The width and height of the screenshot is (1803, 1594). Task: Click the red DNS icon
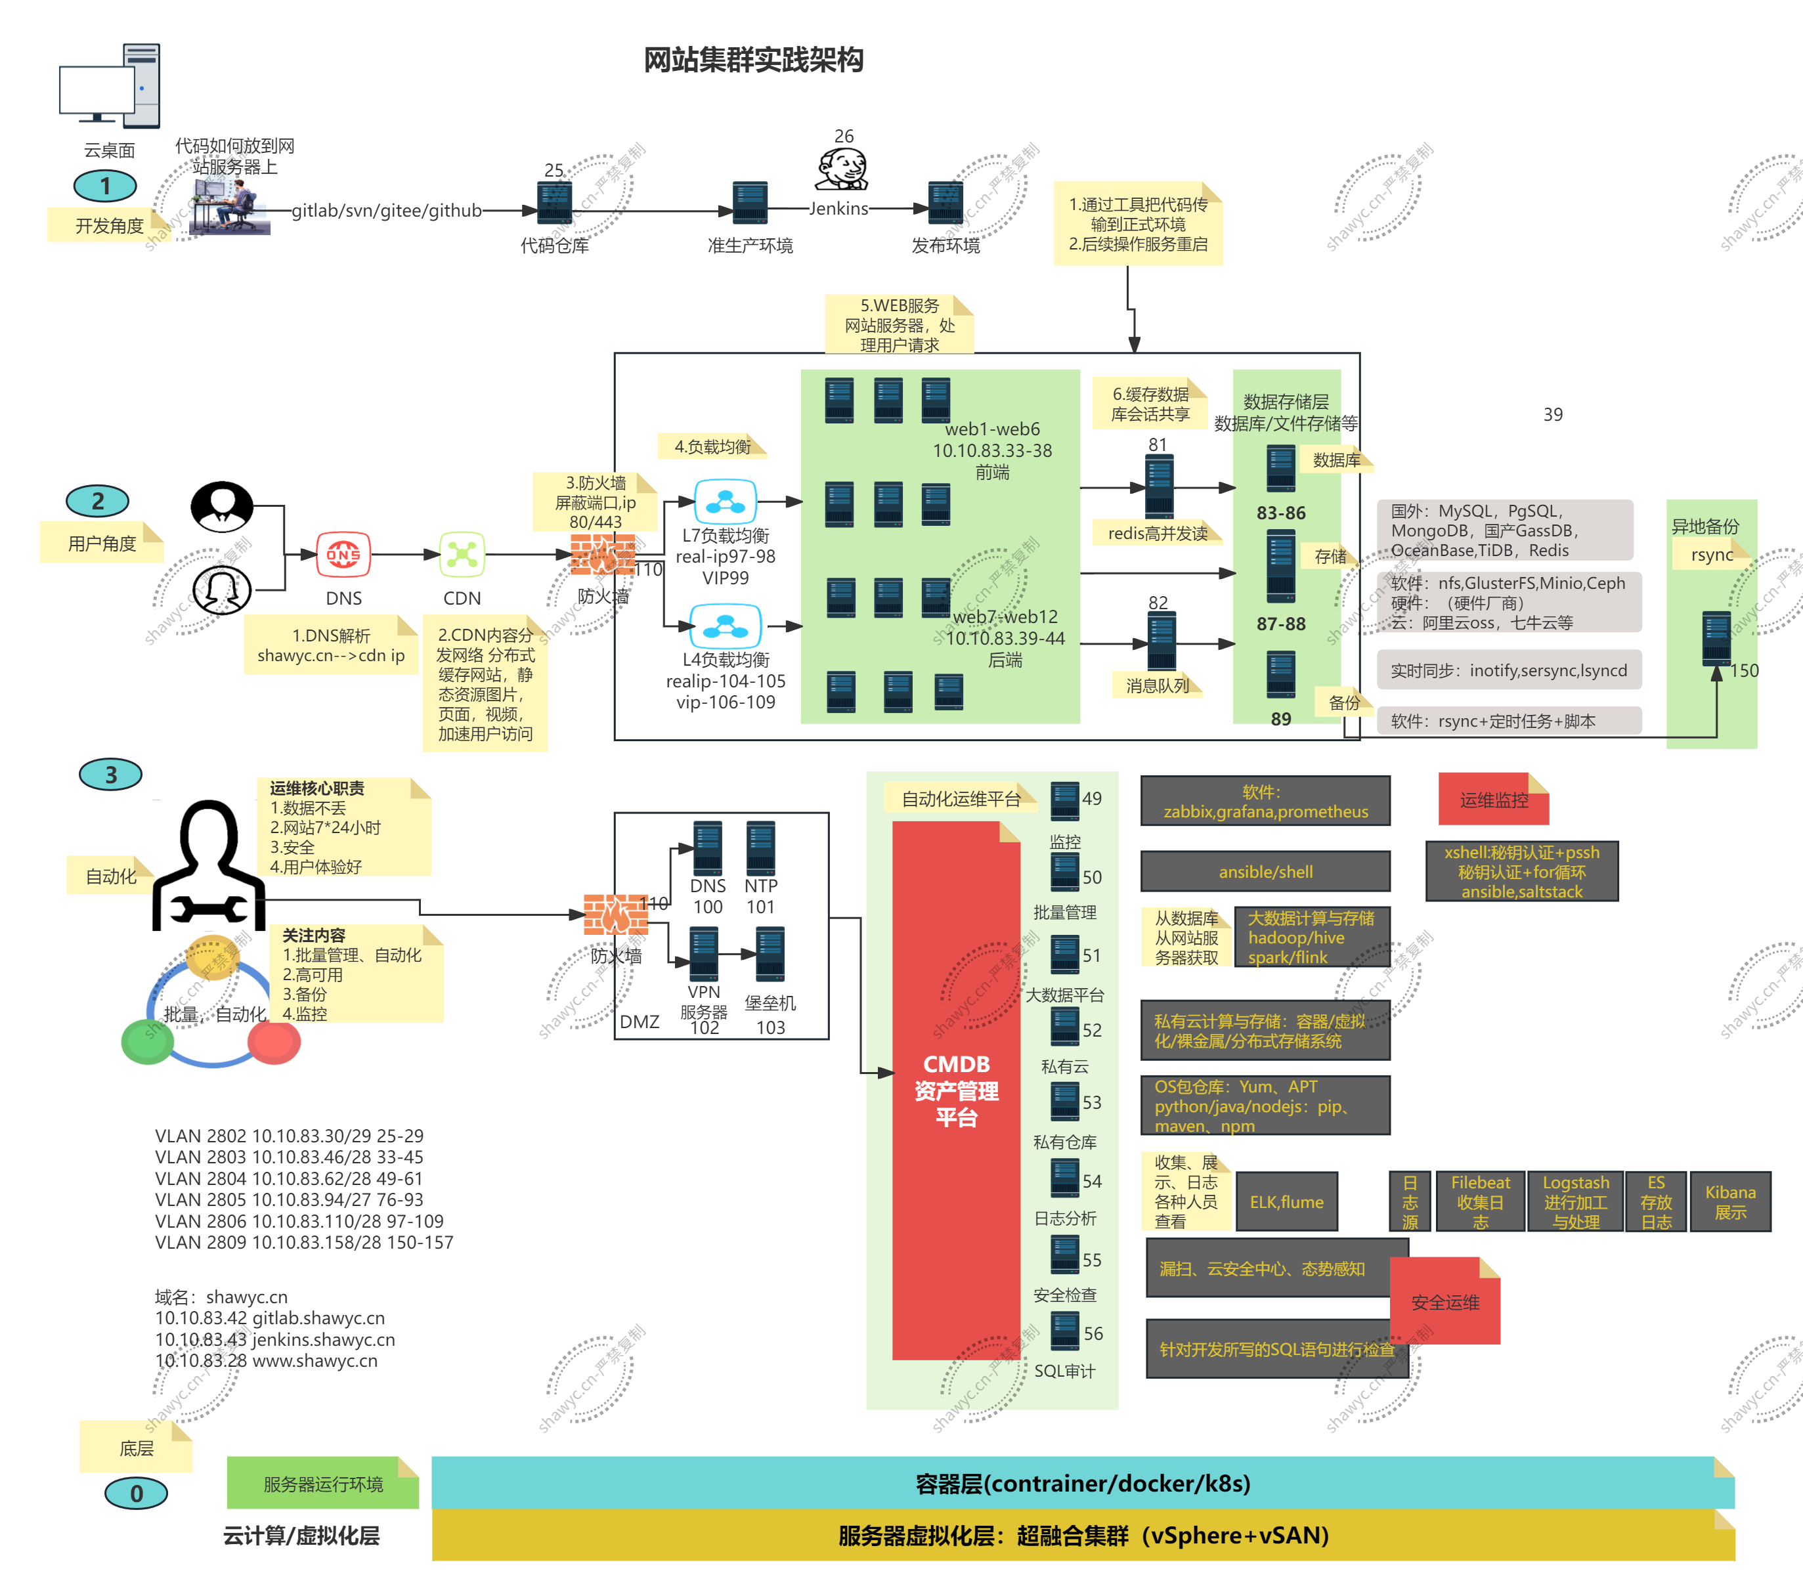tap(343, 555)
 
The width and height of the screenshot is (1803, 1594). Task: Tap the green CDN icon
tap(462, 555)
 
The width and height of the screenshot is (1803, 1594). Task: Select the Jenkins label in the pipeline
tap(838, 209)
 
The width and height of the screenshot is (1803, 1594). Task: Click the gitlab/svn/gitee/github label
tap(386, 210)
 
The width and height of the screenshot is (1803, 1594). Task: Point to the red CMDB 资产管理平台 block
tap(956, 1090)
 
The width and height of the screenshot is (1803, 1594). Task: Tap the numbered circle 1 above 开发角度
tap(105, 186)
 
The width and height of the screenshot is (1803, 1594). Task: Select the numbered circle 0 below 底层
tap(136, 1494)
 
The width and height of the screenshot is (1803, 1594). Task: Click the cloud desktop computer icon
tap(110, 85)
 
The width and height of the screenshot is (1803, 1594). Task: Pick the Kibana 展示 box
tap(1729, 1201)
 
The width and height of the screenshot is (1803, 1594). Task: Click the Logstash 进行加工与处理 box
tap(1575, 1201)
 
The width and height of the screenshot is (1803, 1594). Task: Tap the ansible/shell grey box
tap(1265, 872)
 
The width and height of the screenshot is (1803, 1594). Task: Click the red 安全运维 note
tap(1445, 1302)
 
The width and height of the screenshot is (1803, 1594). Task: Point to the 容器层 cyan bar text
tap(1082, 1484)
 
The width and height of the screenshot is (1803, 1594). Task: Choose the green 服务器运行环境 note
tap(323, 1484)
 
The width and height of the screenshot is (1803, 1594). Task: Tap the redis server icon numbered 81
tap(1158, 486)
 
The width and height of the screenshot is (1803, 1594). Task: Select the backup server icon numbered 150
tap(1716, 637)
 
